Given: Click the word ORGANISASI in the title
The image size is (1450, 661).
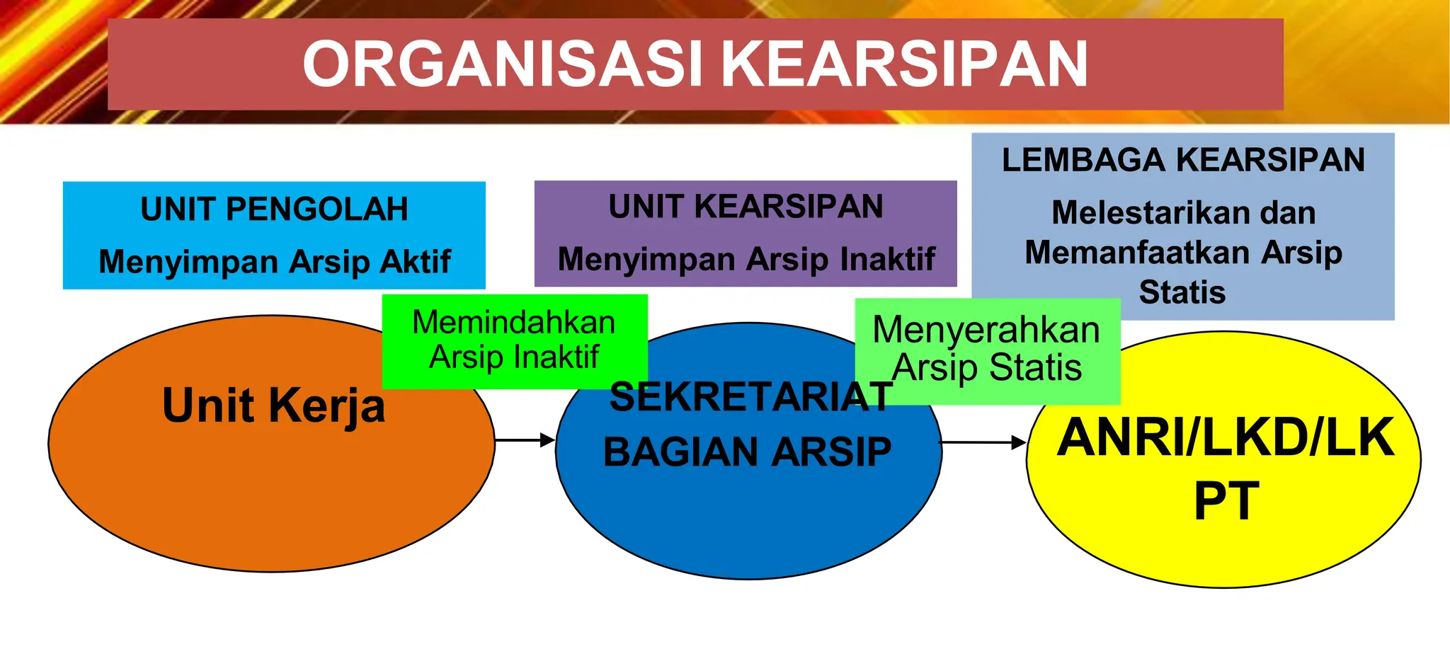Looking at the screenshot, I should pyautogui.click(x=502, y=64).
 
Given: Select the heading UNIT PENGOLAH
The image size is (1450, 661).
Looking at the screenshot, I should pyautogui.click(x=274, y=209).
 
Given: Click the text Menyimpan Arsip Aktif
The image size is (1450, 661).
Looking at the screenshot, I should pyautogui.click(x=274, y=262).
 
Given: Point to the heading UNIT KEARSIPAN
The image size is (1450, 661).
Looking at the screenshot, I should pyautogui.click(x=746, y=207).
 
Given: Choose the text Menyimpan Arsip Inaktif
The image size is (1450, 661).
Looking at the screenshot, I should pyautogui.click(x=746, y=259).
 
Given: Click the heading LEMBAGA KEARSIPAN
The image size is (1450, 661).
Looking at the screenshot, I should pyautogui.click(x=1183, y=160).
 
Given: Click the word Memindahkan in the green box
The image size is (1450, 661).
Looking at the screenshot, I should pyautogui.click(x=514, y=323).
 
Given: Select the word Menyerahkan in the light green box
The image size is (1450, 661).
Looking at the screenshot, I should pyautogui.click(x=986, y=330).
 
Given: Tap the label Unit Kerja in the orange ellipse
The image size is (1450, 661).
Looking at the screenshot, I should pyautogui.click(x=273, y=406).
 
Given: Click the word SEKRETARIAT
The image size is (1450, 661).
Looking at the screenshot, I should pyautogui.click(x=750, y=397).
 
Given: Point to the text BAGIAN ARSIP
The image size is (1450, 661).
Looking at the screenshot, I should pyautogui.click(x=747, y=452).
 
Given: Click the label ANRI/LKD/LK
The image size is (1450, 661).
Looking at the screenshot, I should pyautogui.click(x=1225, y=438).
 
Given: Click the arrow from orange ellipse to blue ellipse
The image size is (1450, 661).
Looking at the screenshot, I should pyautogui.click(x=525, y=440).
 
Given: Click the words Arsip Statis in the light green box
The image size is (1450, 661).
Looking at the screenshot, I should pyautogui.click(x=987, y=368).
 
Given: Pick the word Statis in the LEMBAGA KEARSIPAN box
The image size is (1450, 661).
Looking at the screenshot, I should pyautogui.click(x=1182, y=292).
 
